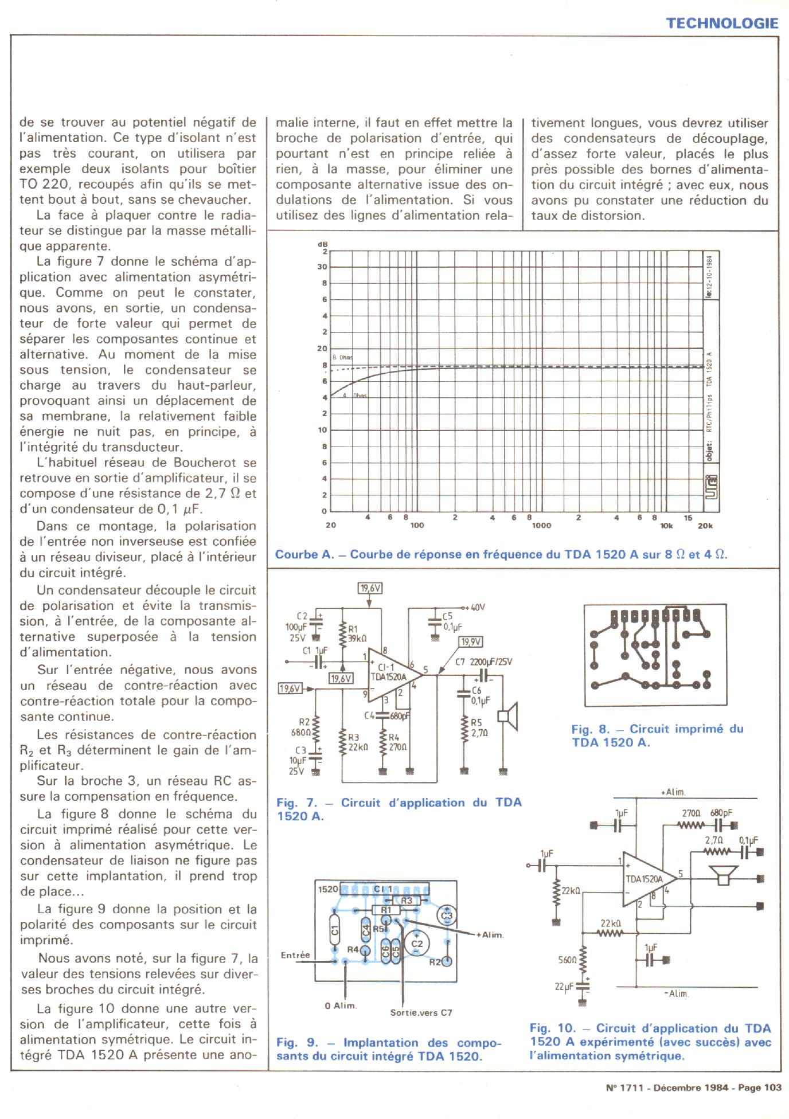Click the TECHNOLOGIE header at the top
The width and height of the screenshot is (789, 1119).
(722, 24)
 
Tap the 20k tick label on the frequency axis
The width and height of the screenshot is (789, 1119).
(705, 526)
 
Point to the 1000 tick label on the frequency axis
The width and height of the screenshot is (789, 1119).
(541, 526)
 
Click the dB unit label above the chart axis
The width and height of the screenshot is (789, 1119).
(322, 245)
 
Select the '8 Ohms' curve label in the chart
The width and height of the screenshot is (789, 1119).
(343, 357)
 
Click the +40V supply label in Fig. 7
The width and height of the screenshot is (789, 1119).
(476, 607)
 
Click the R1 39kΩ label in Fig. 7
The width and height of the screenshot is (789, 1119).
(357, 633)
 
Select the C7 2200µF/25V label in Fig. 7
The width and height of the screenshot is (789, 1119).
(483, 662)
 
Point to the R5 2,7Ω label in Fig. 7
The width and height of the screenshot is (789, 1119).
(479, 727)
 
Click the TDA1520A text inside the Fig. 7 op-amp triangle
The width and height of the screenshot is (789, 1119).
(388, 676)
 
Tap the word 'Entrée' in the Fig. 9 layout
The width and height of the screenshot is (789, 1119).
(295, 954)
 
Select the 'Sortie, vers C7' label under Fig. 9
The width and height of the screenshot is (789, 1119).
(421, 1012)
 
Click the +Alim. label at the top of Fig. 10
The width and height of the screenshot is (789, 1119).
(673, 792)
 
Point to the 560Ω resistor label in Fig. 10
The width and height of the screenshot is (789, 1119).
(568, 960)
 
